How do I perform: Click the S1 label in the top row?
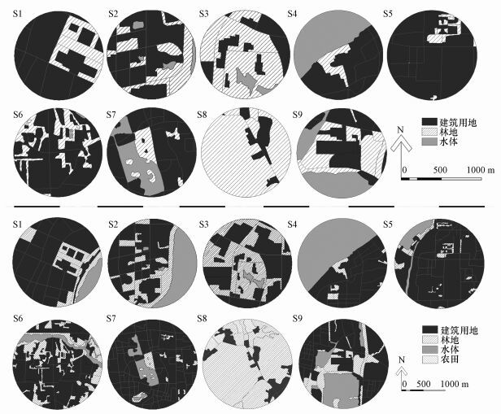pyautogui.click(x=18, y=15)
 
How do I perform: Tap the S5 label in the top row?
pyautogui.click(x=388, y=14)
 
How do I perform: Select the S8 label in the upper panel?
pyautogui.click(x=202, y=115)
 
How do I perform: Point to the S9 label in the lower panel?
pyautogui.click(x=297, y=319)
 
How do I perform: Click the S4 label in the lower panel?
pyautogui.click(x=292, y=224)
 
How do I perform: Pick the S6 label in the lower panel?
pyautogui.click(x=18, y=319)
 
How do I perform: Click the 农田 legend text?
pyautogui.click(x=450, y=359)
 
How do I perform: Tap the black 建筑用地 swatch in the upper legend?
pyautogui.click(x=429, y=122)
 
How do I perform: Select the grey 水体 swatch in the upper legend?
pyautogui.click(x=429, y=142)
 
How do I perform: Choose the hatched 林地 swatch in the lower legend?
pyautogui.click(x=429, y=339)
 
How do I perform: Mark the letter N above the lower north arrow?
pyautogui.click(x=402, y=360)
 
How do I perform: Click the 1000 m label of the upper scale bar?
pyautogui.click(x=480, y=170)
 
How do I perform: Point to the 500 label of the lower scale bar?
pyautogui.click(x=424, y=384)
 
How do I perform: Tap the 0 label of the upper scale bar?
pyautogui.click(x=404, y=170)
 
